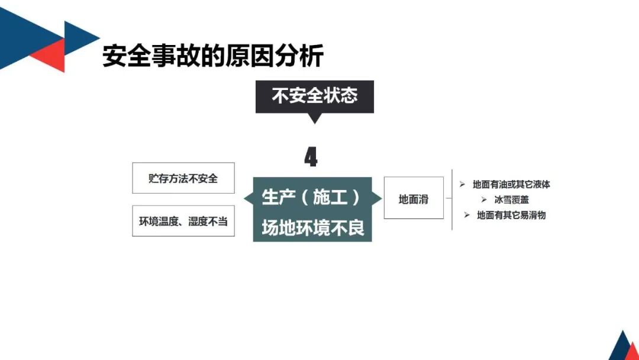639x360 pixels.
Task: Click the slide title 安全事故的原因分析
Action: coord(213,57)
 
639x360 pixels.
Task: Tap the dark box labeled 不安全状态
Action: coord(314,96)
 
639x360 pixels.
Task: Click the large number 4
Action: coord(311,157)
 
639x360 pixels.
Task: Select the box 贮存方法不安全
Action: coord(183,178)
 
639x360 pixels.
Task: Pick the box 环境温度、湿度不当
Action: coord(183,221)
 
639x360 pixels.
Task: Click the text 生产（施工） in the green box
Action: coord(311,197)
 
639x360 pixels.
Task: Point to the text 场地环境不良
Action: coord(312,227)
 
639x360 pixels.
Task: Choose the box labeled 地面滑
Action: coord(414,199)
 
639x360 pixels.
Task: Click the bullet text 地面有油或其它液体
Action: coord(511,185)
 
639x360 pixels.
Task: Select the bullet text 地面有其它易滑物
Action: coord(511,216)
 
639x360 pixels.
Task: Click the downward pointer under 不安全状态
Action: coord(315,118)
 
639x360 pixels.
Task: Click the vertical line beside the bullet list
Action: coord(453,199)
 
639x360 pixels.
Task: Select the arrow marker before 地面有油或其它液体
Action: coord(463,185)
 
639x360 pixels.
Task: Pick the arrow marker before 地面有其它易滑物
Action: coord(467,216)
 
